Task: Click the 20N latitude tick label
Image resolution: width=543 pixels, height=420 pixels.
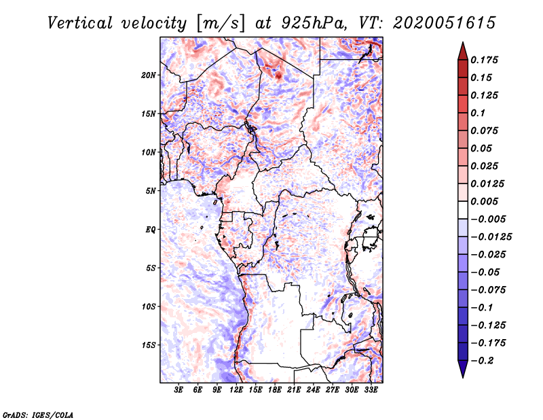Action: [149, 75]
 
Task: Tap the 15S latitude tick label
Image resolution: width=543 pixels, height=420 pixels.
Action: [149, 345]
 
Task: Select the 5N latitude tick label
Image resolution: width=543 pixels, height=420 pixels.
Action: [151, 190]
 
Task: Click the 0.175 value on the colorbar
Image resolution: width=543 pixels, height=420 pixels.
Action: [485, 60]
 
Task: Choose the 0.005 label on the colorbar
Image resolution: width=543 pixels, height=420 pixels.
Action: [485, 201]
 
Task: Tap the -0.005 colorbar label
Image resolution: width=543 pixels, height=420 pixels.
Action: [487, 219]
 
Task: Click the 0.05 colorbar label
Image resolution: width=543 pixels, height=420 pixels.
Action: [483, 148]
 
